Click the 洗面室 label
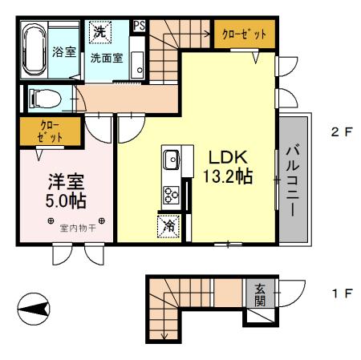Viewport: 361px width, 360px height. point(105,58)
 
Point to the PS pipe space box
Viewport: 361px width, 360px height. point(139,25)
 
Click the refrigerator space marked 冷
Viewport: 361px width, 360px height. point(169,227)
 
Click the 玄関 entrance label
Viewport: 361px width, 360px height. point(259,294)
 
